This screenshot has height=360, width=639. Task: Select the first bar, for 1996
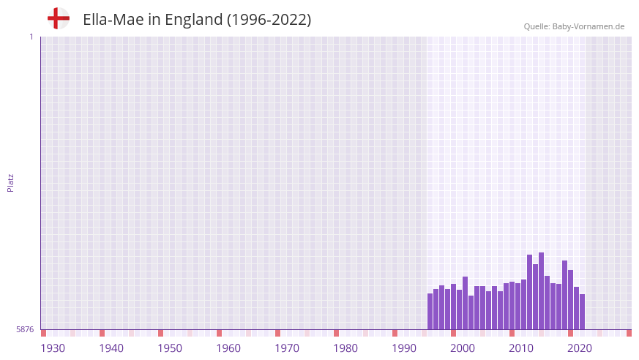click(430, 311)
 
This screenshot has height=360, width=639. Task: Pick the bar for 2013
click(529, 292)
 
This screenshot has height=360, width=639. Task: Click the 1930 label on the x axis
click(53, 348)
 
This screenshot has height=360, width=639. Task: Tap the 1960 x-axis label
click(228, 348)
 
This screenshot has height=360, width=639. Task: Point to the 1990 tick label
click(404, 348)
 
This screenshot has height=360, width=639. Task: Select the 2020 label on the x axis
click(580, 348)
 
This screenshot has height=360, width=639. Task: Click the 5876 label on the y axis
click(25, 330)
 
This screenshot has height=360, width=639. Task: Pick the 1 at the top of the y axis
click(31, 37)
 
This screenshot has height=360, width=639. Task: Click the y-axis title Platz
click(10, 182)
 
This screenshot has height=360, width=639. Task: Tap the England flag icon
click(58, 19)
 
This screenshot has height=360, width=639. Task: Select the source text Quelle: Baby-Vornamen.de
click(574, 26)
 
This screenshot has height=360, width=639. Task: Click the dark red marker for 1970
click(277, 333)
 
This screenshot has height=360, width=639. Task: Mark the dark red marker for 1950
click(160, 333)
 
